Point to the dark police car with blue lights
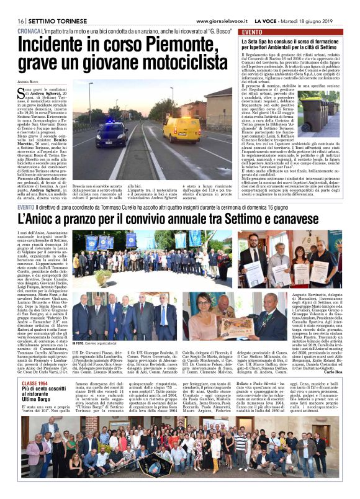tap(112, 134)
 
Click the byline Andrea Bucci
tap(28, 81)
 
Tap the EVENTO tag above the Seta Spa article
tap(253, 32)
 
